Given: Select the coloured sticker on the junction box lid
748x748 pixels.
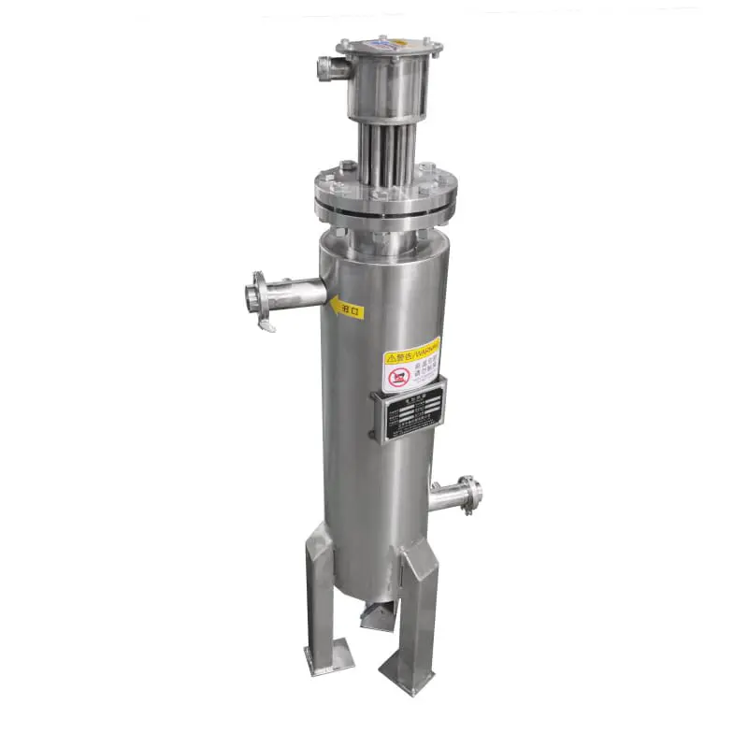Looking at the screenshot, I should pyautogui.click(x=384, y=42).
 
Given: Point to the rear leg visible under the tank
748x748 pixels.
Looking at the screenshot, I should pyautogui.click(x=378, y=617).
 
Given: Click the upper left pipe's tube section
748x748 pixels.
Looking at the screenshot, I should pyautogui.click(x=299, y=292).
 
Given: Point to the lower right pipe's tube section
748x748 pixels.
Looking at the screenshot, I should pyautogui.click(x=446, y=496).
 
